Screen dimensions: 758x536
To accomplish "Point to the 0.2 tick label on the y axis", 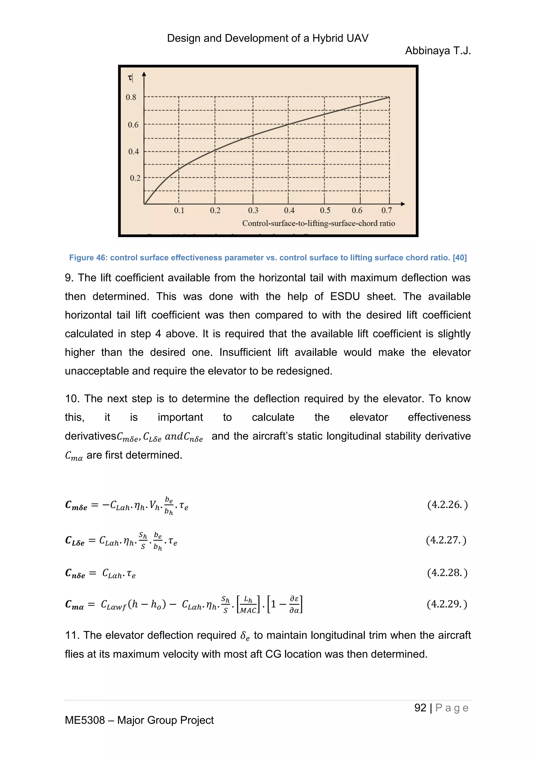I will point(135,178).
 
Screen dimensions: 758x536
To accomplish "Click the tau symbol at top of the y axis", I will point(130,78).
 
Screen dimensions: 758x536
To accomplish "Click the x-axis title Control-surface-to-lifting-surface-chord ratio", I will point(319,224).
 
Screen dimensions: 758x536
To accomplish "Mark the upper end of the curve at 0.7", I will point(389,97).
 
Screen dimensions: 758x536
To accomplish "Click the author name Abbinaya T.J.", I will point(438,51).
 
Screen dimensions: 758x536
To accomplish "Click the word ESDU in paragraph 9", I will point(345,297).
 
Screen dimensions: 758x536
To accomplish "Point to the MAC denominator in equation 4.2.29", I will point(248,610).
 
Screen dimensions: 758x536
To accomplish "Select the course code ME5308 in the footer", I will point(85,720).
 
